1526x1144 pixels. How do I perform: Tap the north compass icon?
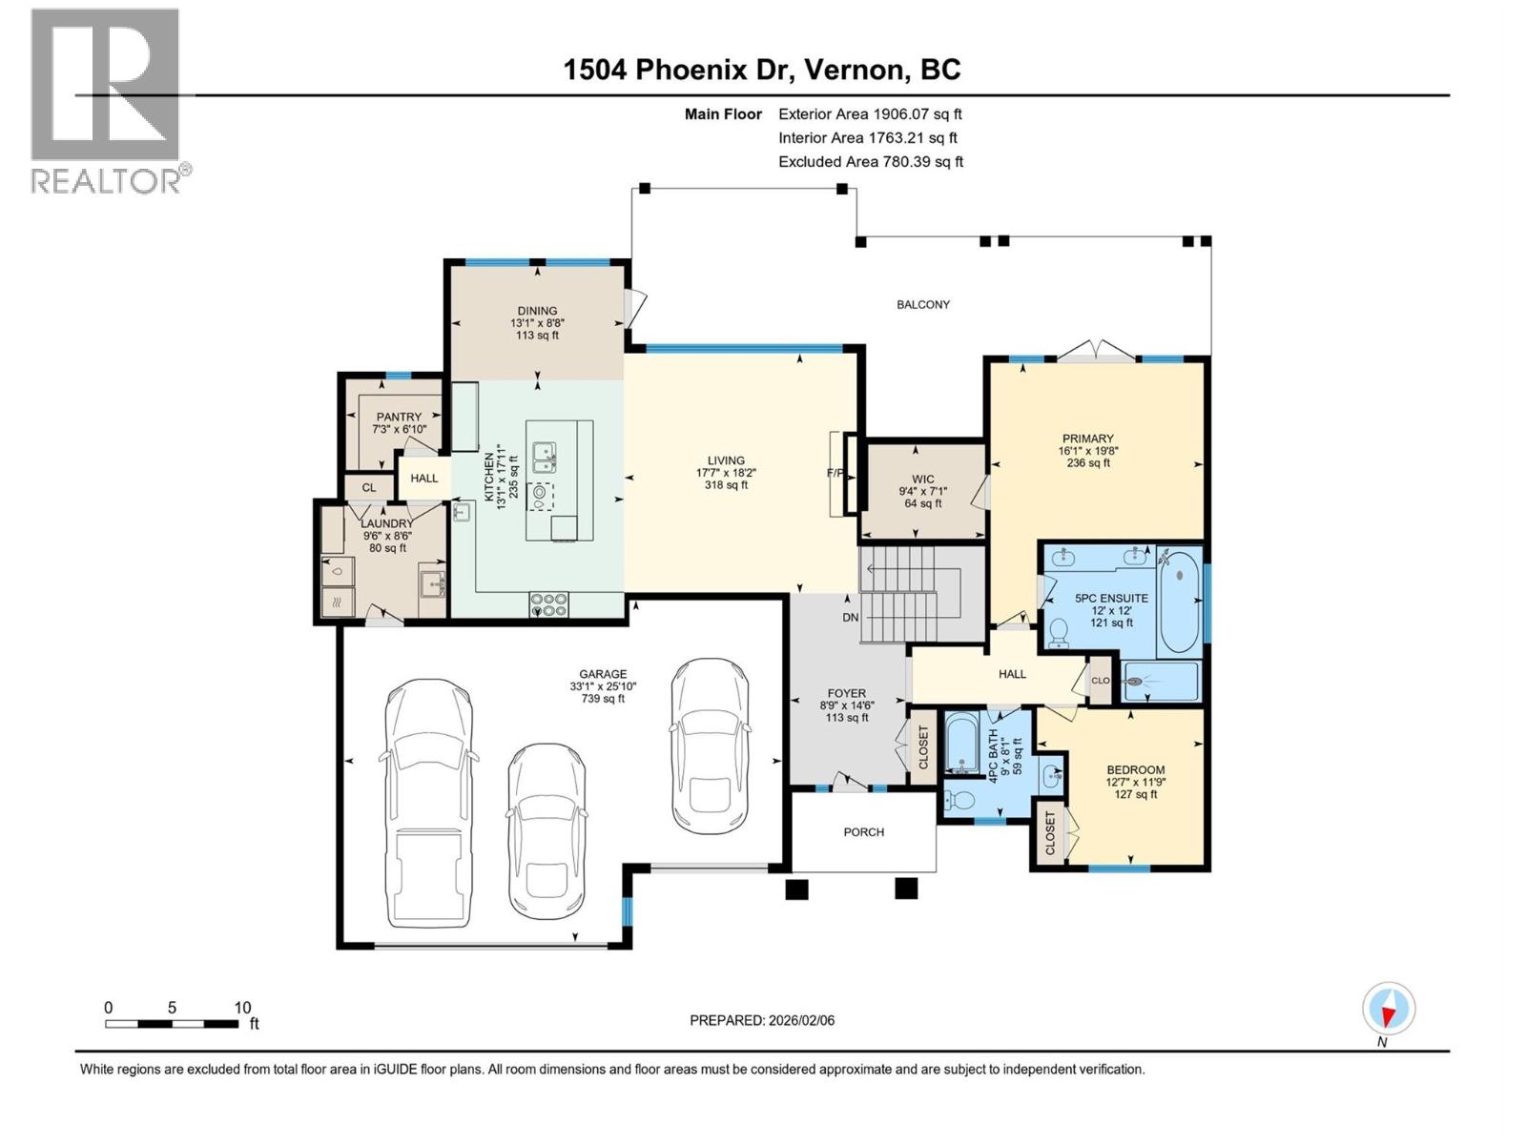point(1389,1009)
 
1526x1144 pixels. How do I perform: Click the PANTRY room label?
point(399,417)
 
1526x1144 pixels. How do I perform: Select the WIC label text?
point(922,480)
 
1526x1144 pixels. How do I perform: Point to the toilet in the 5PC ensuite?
point(1058,632)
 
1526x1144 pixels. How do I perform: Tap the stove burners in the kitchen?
point(549,604)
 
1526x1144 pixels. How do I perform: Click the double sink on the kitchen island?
point(545,457)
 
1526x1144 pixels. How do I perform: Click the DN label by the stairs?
point(851,618)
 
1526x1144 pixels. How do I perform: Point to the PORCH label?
point(864,832)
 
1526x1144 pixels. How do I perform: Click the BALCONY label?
point(923,304)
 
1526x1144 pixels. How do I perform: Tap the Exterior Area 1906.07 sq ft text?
point(870,113)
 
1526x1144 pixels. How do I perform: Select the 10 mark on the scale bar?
point(242,1008)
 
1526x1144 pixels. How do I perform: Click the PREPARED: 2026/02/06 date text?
point(762,1020)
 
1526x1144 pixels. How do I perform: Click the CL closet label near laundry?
point(369,487)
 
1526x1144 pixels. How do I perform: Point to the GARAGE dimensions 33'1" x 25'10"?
point(603,686)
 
